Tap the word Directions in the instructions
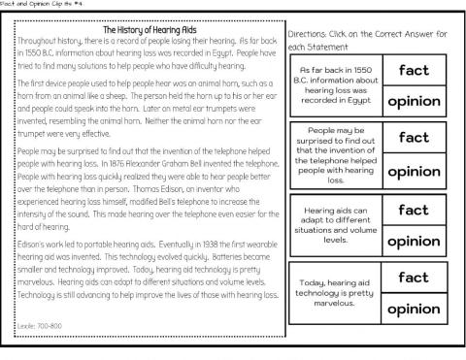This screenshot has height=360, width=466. tap(310, 34)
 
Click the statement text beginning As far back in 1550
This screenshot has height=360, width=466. tap(335, 86)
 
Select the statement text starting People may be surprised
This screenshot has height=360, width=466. tap(335, 154)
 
